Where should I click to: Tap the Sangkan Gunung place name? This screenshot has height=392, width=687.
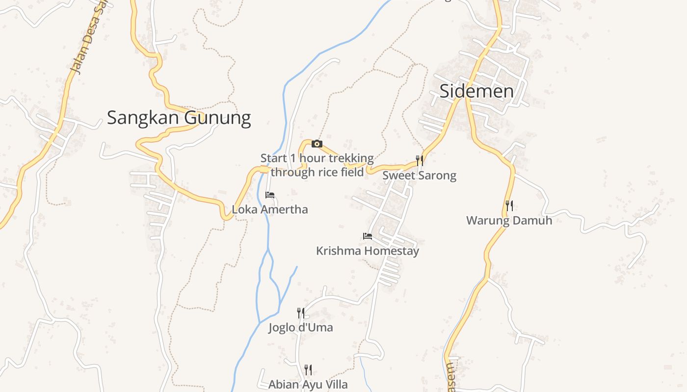[x=179, y=118]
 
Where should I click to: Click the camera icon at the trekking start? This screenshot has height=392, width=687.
[x=317, y=144]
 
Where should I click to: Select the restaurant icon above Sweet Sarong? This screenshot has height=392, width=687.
[x=419, y=160]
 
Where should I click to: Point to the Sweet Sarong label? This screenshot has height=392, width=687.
[x=419, y=175]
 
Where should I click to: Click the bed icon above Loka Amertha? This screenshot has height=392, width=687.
[x=269, y=195]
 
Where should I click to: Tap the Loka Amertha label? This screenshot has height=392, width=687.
[x=270, y=210]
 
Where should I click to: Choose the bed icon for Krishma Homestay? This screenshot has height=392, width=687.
[x=367, y=236]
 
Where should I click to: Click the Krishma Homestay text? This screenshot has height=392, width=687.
[x=368, y=251]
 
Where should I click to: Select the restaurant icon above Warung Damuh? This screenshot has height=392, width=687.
[x=509, y=206]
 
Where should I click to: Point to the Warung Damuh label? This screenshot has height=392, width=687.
[x=509, y=220]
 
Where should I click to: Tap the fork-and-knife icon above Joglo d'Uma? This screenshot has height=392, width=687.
[x=300, y=313]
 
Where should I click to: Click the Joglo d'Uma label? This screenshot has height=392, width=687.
[x=300, y=327]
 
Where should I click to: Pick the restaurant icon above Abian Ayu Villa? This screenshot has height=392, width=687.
[x=308, y=369]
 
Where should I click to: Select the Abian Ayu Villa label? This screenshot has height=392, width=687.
[x=308, y=385]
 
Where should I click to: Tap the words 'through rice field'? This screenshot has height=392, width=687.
[x=317, y=172]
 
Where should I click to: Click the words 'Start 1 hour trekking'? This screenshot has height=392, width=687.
[x=317, y=158]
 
